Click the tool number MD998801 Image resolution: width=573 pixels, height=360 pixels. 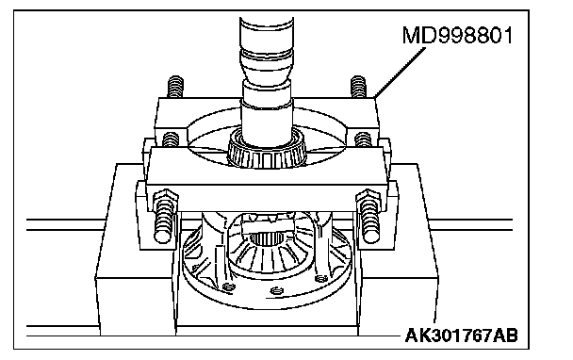[x=457, y=36]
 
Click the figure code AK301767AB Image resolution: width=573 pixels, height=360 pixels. [x=461, y=335]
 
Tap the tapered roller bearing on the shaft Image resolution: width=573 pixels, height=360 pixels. [x=266, y=150]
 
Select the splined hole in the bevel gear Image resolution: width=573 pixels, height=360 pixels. [x=266, y=239]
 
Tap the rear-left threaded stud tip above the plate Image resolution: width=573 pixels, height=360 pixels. [x=175, y=87]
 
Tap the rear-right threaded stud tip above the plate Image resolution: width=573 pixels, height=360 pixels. [x=358, y=87]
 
